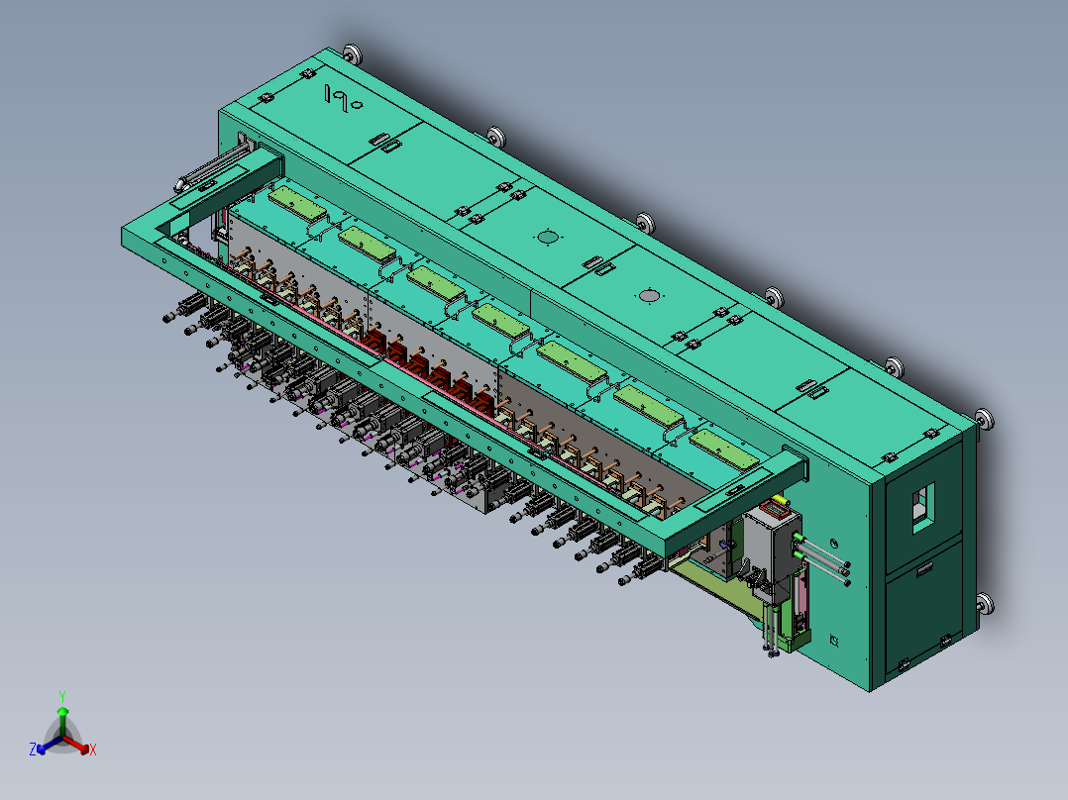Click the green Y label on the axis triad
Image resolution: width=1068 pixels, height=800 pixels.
pos(62,696)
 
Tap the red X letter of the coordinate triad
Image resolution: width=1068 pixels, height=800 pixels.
pos(93,750)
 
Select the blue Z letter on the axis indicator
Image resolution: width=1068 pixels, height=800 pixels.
pos(32,749)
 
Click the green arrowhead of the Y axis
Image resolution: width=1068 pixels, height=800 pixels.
pos(62,711)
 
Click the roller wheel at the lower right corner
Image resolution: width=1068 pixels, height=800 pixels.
pos(984,604)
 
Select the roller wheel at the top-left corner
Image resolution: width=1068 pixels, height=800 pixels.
pos(352,53)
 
